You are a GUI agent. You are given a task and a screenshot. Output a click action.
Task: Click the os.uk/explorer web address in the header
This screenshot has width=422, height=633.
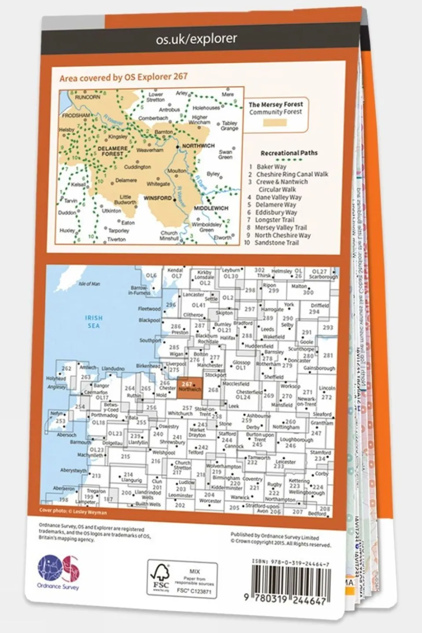196,39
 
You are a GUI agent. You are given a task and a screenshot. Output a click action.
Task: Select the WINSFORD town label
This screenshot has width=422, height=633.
158,198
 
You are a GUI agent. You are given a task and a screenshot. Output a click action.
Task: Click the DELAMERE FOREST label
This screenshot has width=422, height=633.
112,151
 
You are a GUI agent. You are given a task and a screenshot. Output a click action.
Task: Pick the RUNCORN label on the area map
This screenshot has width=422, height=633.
88,97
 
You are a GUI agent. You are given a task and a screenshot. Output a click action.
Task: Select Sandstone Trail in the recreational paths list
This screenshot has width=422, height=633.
276,242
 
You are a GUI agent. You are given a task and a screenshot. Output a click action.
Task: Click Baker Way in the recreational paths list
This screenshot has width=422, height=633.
271,167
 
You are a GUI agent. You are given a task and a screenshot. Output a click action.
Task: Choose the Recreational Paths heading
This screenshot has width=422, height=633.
289,153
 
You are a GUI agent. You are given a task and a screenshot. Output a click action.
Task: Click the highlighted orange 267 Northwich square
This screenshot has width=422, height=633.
190,387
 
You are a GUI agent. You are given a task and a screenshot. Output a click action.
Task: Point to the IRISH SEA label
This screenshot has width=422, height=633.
94,322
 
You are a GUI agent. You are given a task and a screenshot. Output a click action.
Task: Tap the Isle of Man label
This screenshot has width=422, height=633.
89,284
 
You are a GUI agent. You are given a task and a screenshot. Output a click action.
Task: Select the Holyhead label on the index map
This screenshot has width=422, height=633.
56,378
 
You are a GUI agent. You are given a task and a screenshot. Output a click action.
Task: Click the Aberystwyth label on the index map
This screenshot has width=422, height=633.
73,470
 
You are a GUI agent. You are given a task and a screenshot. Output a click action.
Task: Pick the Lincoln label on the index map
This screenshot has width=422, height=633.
327,388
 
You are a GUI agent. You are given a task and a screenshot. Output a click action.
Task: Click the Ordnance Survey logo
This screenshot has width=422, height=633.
59,572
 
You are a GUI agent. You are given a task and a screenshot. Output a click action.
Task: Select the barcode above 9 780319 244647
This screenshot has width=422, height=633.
290,580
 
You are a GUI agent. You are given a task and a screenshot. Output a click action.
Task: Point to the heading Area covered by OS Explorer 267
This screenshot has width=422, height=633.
123,77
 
